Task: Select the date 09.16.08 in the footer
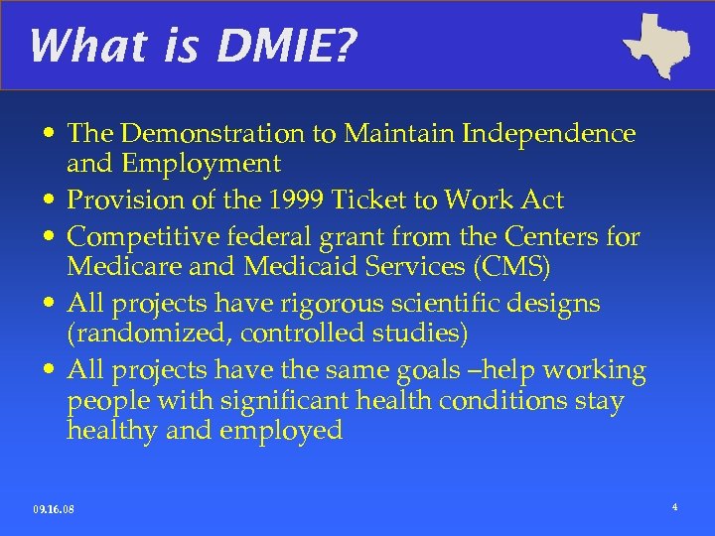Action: (54, 510)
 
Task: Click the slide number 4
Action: (674, 508)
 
